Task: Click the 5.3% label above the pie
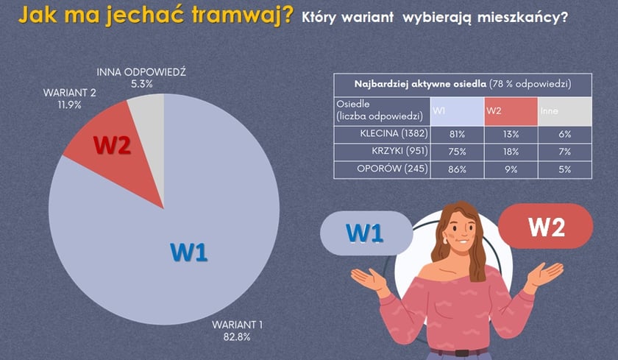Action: pos(141,84)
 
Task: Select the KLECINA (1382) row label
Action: pos(389,134)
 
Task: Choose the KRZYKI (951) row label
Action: pos(395,152)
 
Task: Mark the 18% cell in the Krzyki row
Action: pos(510,152)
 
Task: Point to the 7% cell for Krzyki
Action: pos(564,152)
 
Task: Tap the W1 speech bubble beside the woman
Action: pos(366,233)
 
